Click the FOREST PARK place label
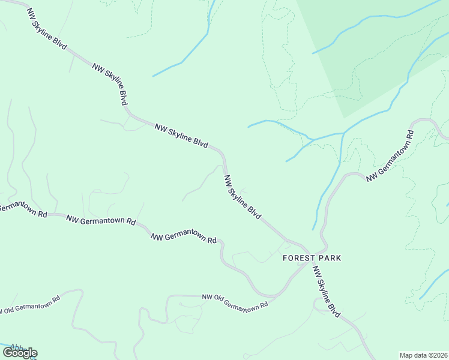[x=312, y=258]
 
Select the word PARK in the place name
[x=330, y=258]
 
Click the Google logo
[x=20, y=353]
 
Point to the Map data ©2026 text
[x=423, y=355]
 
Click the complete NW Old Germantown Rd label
[x=235, y=301]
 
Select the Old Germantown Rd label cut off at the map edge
[x=30, y=304]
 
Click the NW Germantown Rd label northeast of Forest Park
[x=390, y=155]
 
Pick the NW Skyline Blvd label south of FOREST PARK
[x=327, y=292]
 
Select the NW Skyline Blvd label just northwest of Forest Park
[x=243, y=197]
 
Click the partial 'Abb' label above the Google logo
[x=16, y=347]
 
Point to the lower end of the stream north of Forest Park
[x=313, y=229]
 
